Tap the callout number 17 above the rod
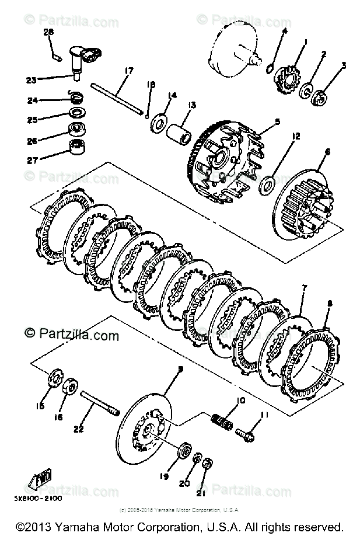coord(126,72)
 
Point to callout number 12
coord(296,137)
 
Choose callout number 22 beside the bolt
coord(78,429)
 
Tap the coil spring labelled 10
coord(222,420)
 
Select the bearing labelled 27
coord(75,148)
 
